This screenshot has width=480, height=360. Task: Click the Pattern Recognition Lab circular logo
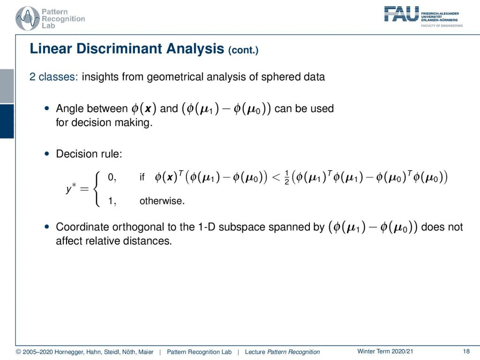point(28,18)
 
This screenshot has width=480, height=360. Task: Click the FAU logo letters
point(401,14)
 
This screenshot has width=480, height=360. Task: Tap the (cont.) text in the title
point(243,50)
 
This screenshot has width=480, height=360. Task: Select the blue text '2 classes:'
point(54,76)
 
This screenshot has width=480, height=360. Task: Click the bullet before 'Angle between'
point(46,108)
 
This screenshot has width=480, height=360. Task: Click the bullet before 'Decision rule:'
point(46,154)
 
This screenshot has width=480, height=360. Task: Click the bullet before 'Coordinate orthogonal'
point(46,227)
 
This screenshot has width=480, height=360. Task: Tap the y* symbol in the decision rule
point(71,188)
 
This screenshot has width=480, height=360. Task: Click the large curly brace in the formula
point(97,189)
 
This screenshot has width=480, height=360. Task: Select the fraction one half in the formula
point(286,178)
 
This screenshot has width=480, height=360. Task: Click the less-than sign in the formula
point(276,177)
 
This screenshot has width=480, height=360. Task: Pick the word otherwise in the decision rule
point(162,201)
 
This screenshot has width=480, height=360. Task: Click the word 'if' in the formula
point(142,177)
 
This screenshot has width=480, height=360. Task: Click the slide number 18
point(466,352)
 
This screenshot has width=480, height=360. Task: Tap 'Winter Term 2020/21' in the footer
point(385,352)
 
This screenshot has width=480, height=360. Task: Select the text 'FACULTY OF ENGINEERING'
point(442,26)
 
